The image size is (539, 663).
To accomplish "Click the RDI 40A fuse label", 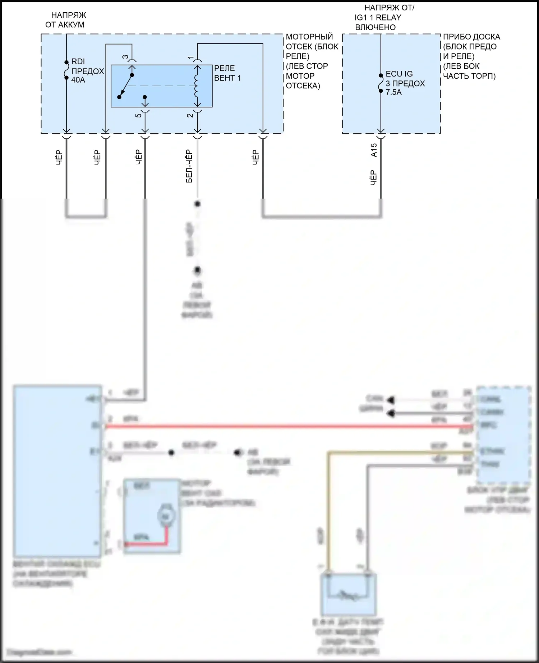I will (x=87, y=71).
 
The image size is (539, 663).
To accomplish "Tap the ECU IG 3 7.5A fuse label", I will (x=405, y=83).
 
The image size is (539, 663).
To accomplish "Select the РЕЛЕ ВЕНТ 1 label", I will (x=227, y=73).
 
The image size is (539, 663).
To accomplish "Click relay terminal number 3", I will (x=125, y=57).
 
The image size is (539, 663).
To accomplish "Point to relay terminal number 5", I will (x=138, y=115).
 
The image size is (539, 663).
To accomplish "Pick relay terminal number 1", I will (x=190, y=57).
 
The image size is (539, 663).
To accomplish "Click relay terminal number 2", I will (x=190, y=115).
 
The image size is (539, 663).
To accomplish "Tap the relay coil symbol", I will (x=197, y=86).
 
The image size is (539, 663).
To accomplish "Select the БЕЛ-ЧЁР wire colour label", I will (x=189, y=166).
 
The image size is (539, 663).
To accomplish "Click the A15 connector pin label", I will (x=374, y=150).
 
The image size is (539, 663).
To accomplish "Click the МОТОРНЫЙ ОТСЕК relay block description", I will (x=311, y=61).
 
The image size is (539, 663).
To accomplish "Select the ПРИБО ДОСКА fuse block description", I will (x=471, y=56).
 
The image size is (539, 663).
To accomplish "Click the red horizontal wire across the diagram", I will (x=287, y=426).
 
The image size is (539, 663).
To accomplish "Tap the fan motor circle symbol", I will (x=165, y=516).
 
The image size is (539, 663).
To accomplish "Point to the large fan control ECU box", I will (x=57, y=470).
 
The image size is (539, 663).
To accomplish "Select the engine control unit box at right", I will (x=503, y=435).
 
